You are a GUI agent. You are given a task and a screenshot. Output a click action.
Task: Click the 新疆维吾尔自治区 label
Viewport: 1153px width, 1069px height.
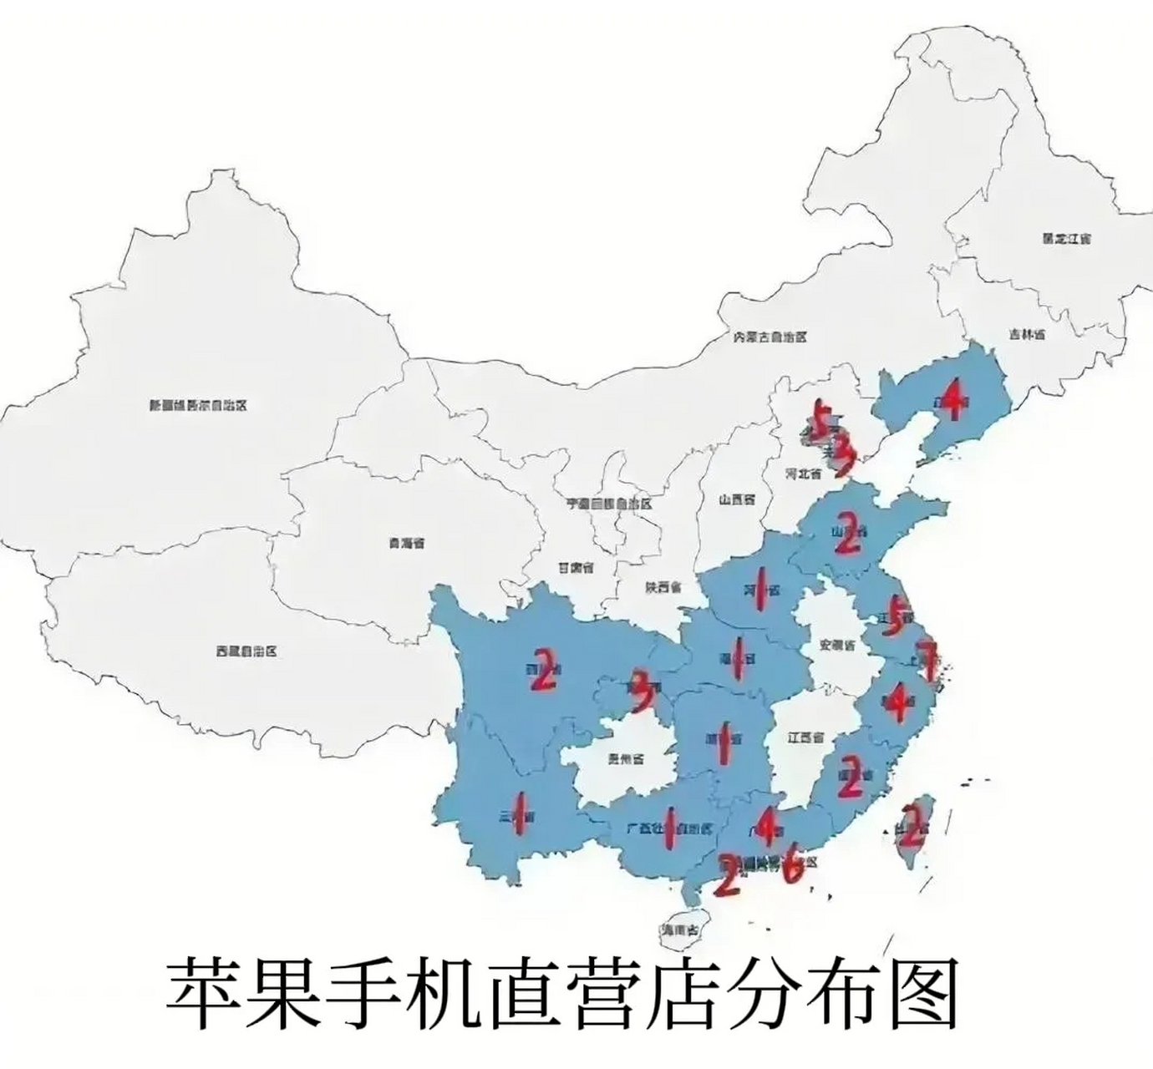(x=198, y=406)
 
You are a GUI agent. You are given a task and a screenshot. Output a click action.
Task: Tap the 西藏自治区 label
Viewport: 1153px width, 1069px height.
(x=246, y=651)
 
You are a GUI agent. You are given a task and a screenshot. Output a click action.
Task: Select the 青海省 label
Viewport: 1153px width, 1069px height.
(x=406, y=543)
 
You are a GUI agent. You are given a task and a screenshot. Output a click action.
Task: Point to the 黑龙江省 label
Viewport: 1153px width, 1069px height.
(x=1066, y=238)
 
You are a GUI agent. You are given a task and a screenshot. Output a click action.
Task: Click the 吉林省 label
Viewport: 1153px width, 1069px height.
(x=1027, y=334)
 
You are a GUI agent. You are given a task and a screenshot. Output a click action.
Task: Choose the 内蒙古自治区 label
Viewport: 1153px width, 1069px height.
(x=770, y=337)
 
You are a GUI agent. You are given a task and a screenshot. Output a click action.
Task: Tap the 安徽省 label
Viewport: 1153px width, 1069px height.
(x=838, y=646)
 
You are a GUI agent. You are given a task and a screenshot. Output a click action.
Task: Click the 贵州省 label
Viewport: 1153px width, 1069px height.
(x=626, y=759)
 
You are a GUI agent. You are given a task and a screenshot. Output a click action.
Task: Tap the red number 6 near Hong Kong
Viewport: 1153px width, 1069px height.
(x=793, y=868)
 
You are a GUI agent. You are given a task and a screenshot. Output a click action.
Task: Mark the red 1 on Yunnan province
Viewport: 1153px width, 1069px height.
(x=520, y=816)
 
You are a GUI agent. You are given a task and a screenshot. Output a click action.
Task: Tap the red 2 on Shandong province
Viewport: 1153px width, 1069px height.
(x=846, y=534)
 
